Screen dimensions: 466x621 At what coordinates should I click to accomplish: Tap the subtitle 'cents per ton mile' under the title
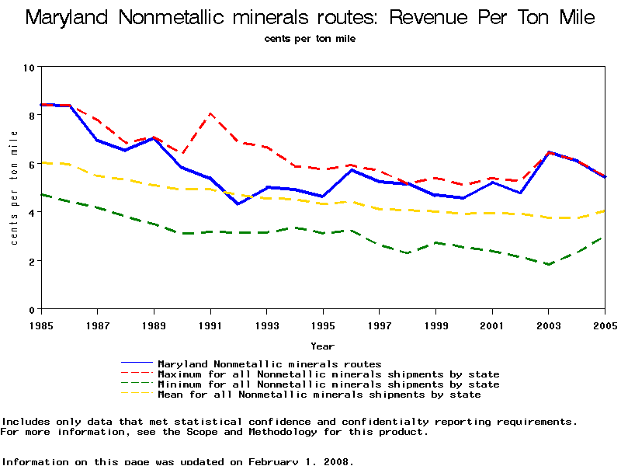tap(310, 39)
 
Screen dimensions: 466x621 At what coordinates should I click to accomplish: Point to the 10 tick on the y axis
tap(30, 68)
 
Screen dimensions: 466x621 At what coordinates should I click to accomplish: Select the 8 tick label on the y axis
tap(30, 116)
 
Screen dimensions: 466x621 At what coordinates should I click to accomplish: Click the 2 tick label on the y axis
tap(30, 261)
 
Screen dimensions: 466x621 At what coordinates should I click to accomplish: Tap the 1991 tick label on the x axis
tap(210, 324)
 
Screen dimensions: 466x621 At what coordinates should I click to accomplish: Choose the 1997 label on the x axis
tap(380, 324)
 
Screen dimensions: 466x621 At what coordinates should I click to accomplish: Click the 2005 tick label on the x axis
tap(605, 324)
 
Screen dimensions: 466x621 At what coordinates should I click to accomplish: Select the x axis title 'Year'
tap(322, 346)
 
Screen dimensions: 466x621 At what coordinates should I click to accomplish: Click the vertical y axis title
tap(14, 188)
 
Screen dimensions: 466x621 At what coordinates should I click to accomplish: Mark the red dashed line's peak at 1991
tap(210, 113)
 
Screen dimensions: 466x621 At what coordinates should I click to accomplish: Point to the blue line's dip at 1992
tap(238, 203)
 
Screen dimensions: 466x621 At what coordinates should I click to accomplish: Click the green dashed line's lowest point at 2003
tap(549, 264)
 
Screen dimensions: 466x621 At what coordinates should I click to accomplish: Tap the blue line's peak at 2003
tap(549, 152)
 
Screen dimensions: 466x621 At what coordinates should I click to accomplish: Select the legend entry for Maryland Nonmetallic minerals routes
tap(269, 363)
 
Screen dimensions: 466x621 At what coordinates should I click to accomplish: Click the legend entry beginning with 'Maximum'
tap(328, 374)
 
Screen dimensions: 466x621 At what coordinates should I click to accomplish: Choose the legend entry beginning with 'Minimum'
tap(328, 384)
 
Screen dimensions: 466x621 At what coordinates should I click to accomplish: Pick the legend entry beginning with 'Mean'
tap(318, 395)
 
